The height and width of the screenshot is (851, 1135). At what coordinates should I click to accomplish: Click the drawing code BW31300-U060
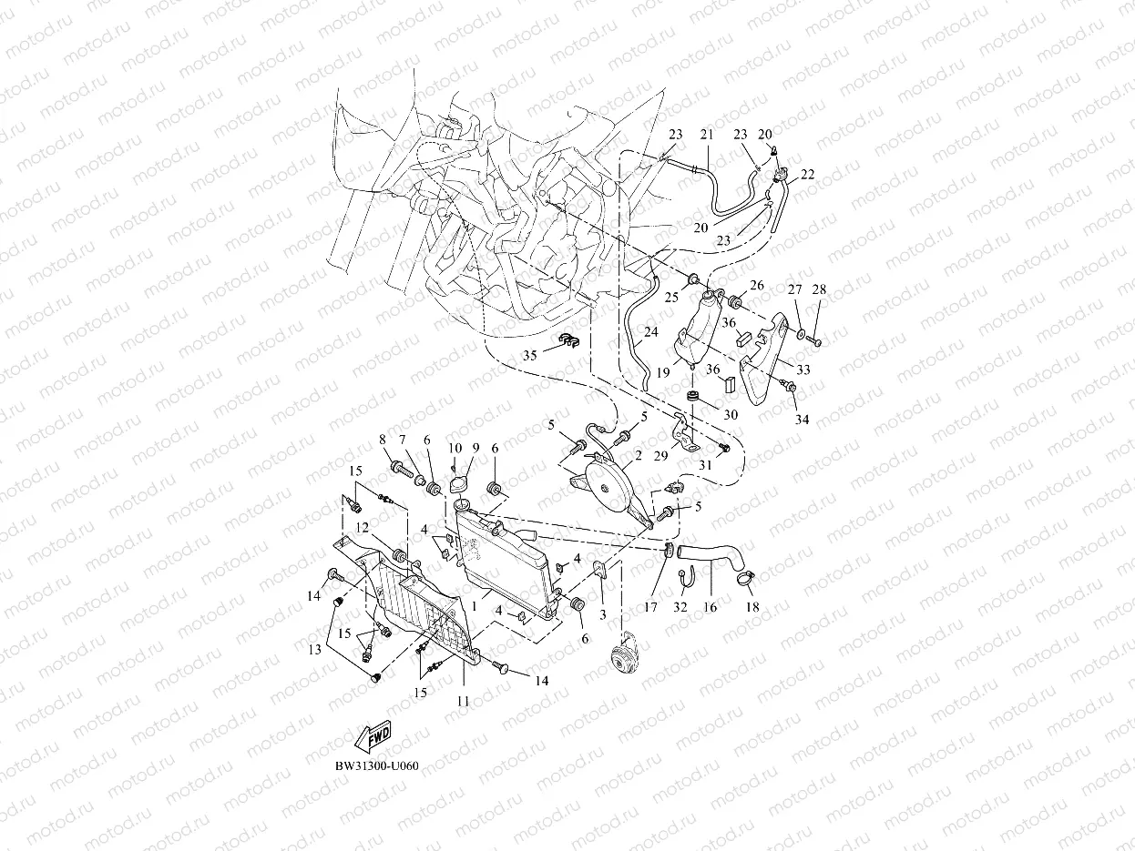point(376,765)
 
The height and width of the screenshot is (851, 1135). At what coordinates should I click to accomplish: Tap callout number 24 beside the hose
point(650,333)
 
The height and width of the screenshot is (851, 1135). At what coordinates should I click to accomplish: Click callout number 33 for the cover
point(803,370)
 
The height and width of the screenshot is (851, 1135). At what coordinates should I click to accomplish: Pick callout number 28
point(819,289)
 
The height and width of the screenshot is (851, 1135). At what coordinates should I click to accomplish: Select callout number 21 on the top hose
point(706,135)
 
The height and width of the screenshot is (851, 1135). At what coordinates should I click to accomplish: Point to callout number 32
point(680,606)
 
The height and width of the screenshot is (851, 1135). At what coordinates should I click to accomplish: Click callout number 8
point(383,440)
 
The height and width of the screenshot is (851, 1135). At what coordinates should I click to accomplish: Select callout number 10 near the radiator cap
point(455,448)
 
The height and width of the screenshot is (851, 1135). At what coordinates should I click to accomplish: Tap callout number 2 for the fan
point(639,455)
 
